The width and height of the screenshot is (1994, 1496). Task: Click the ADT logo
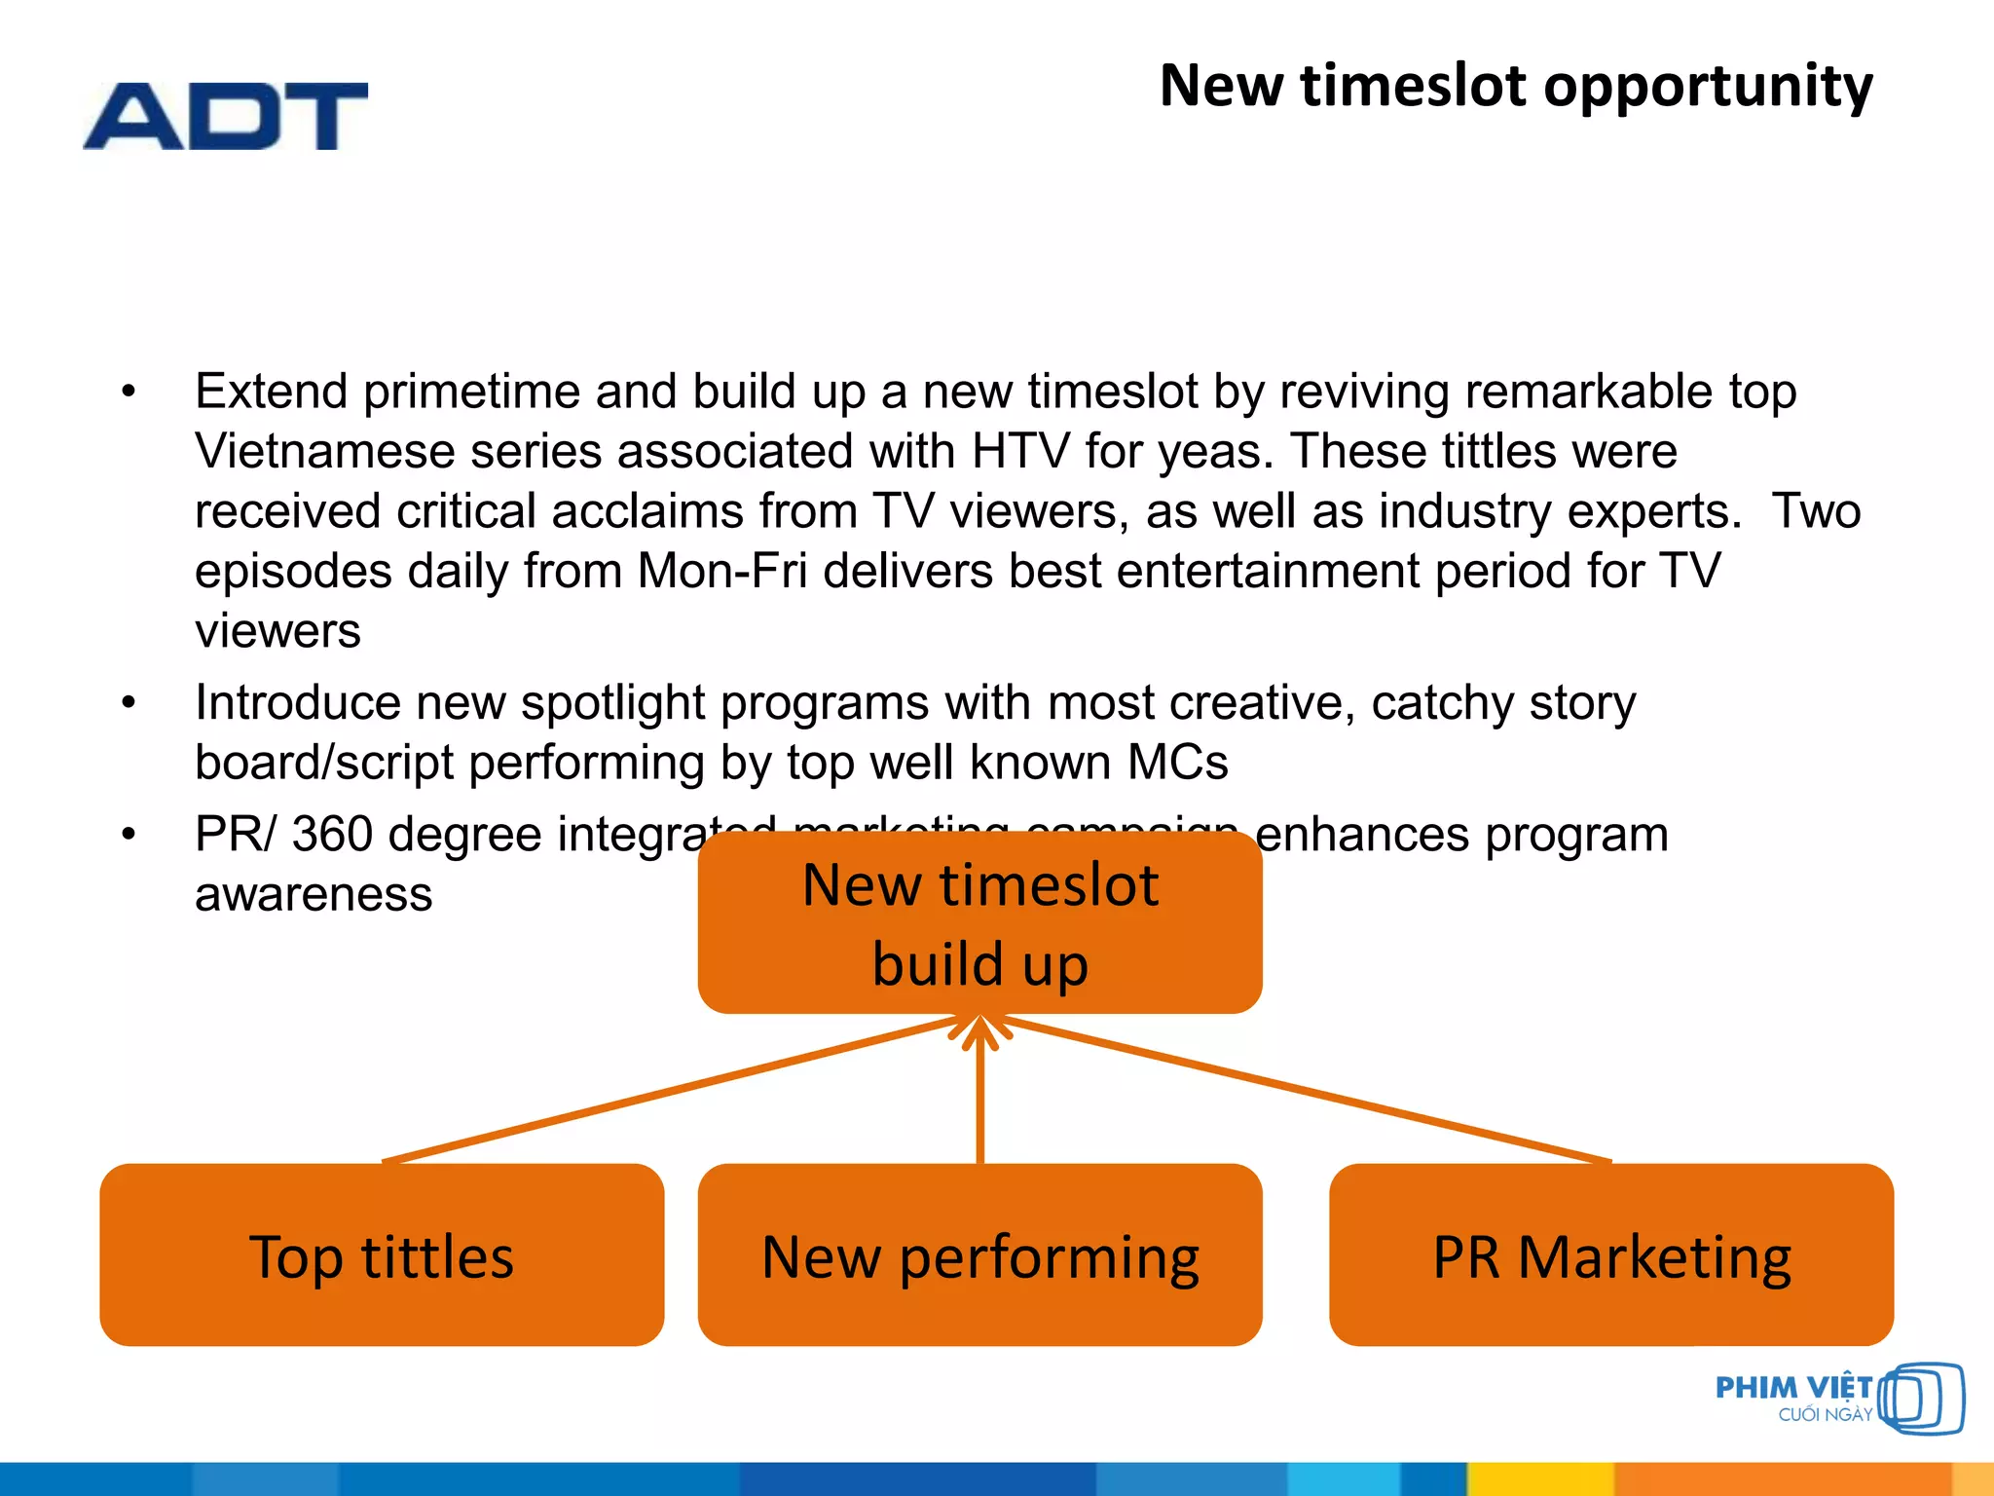click(x=225, y=116)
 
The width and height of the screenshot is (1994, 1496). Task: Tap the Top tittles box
click(x=382, y=1254)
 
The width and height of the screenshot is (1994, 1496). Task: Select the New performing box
click(x=979, y=1254)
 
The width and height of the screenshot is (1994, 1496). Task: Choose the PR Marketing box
click(x=1610, y=1254)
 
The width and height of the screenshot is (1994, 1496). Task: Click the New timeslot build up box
click(x=979, y=922)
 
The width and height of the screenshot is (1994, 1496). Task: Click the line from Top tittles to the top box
click(x=672, y=1089)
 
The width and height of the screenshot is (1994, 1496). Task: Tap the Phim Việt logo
click(x=1838, y=1399)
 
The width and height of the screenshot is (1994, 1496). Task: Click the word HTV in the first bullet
click(x=1019, y=452)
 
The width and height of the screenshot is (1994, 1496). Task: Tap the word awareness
click(x=313, y=894)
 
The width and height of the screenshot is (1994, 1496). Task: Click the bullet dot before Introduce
click(x=129, y=703)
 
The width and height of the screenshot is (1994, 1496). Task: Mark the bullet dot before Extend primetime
click(x=129, y=392)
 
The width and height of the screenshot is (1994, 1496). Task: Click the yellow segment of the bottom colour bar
click(x=1538, y=1478)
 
